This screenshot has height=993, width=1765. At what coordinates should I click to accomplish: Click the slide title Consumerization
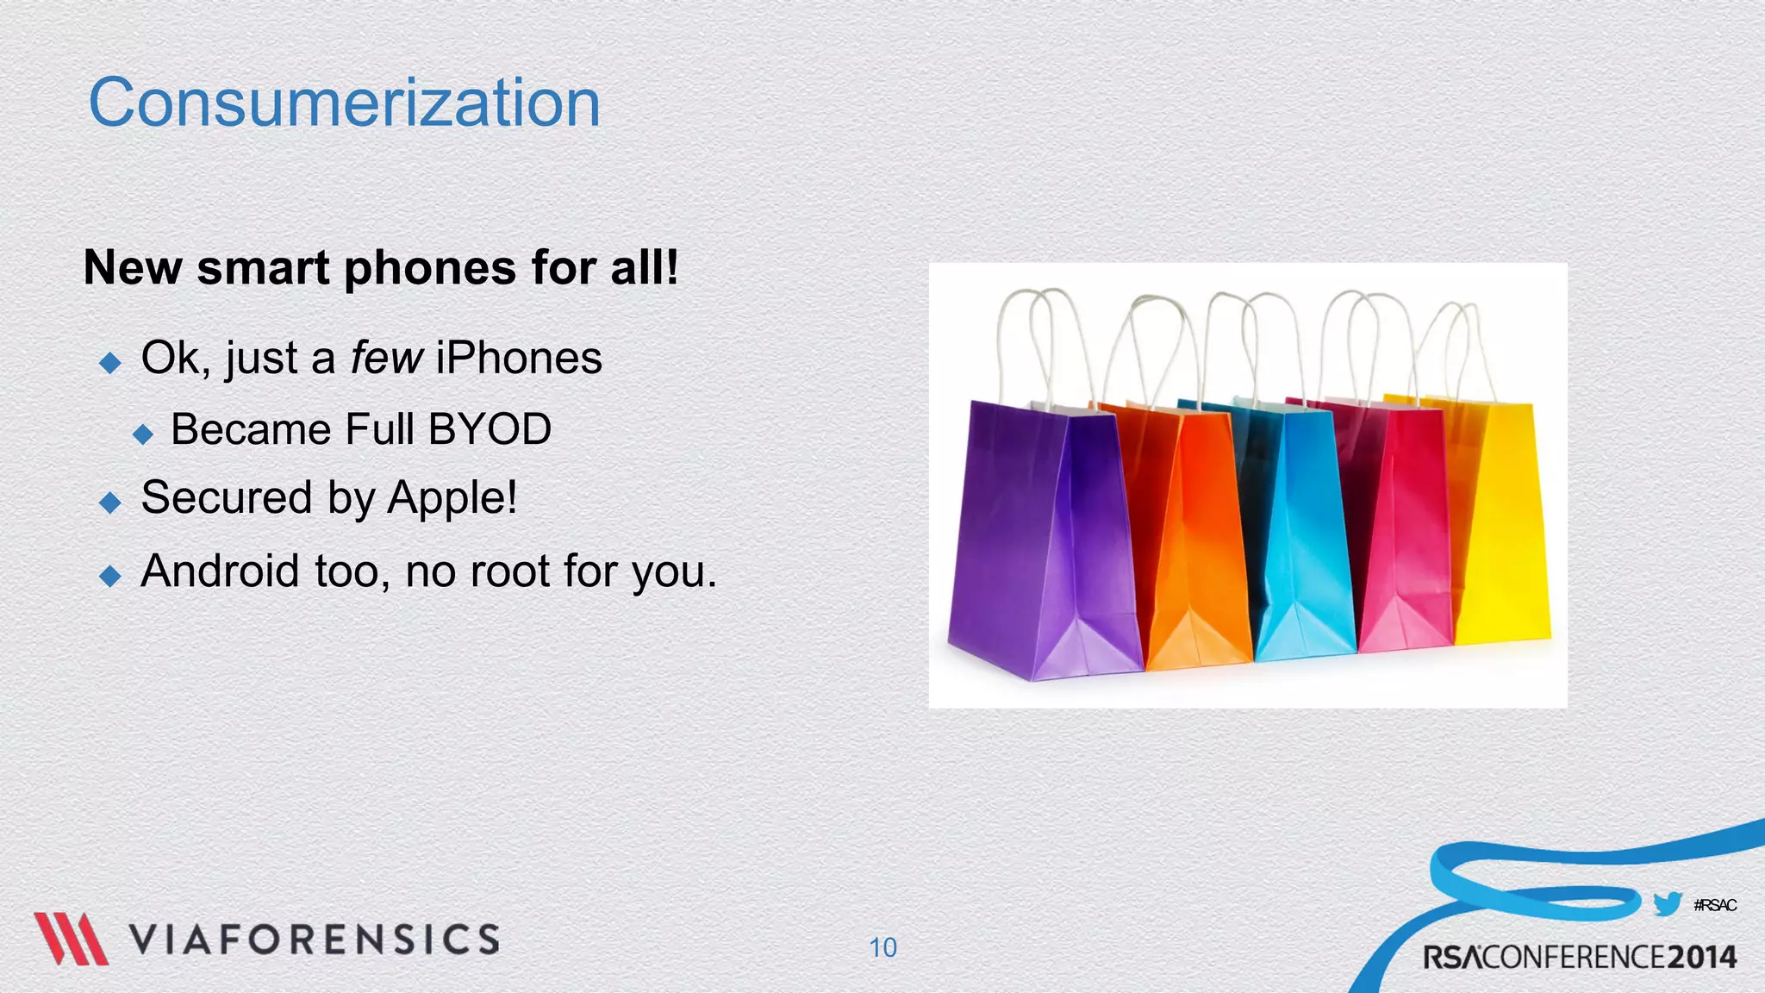(344, 103)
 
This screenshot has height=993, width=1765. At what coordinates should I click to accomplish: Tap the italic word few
(386, 359)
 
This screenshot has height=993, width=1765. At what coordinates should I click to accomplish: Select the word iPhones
(519, 359)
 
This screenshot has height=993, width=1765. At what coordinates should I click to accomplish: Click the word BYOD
(490, 429)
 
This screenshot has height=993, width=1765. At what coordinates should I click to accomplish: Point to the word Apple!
(452, 498)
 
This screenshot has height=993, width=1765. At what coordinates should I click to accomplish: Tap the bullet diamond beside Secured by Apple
(110, 502)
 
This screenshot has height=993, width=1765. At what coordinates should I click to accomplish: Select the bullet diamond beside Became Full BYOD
(143, 433)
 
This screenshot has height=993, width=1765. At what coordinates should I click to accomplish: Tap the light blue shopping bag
(1301, 534)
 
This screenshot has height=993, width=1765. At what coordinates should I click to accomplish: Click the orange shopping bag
(1194, 534)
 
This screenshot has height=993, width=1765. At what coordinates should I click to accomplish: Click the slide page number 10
(882, 947)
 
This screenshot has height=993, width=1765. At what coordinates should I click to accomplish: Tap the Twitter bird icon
(1668, 904)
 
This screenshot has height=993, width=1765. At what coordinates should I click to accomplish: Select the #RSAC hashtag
(1715, 905)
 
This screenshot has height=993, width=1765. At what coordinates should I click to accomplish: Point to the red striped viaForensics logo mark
(71, 939)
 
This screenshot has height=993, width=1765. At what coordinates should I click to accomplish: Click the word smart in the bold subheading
(263, 268)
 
